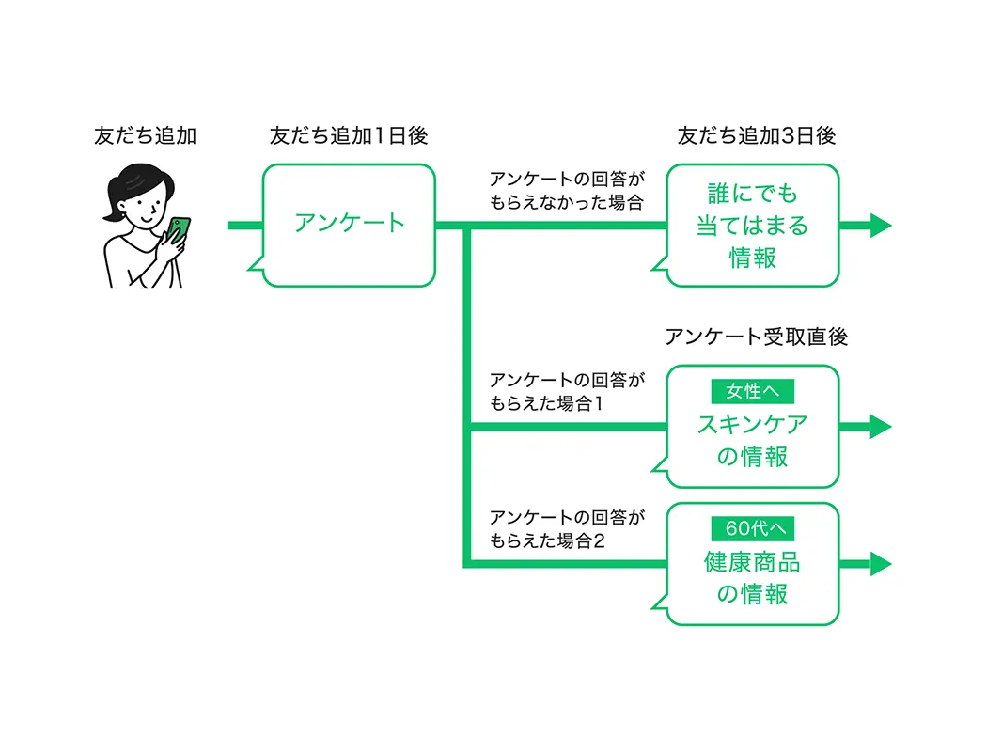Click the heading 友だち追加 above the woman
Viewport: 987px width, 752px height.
(145, 135)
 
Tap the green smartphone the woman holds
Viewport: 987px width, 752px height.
(179, 229)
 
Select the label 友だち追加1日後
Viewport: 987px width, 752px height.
(348, 135)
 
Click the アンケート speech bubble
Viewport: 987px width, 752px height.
(349, 224)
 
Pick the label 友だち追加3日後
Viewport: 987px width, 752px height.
(756, 135)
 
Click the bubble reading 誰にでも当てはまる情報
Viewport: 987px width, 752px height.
(752, 226)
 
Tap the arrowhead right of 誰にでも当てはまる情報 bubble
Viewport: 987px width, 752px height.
(880, 226)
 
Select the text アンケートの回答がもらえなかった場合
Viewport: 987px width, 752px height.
(567, 191)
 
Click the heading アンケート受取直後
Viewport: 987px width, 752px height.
(756, 337)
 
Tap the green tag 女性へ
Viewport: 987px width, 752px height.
(752, 390)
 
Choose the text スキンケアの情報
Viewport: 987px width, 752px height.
(752, 441)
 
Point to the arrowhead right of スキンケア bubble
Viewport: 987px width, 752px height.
(880, 427)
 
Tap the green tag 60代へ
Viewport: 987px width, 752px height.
(752, 527)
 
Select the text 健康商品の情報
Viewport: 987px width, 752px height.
(752, 578)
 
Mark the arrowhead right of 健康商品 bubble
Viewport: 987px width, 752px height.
(880, 564)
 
